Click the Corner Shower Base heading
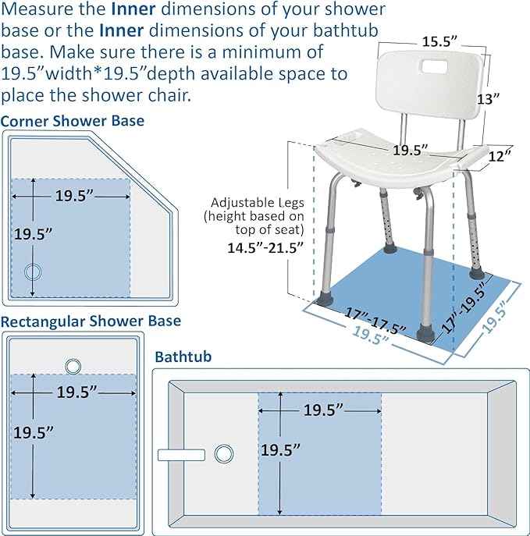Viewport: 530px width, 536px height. (73, 121)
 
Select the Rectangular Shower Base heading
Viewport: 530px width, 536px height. (91, 321)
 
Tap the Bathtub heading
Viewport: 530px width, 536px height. (183, 357)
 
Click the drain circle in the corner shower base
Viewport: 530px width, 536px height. (33, 272)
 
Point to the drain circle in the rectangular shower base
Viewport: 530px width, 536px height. (73, 365)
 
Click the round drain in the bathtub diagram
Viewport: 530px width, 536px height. (224, 453)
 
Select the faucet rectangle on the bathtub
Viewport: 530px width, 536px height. (180, 454)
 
